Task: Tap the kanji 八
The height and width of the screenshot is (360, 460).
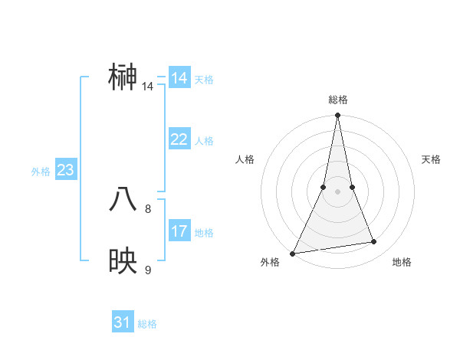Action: coord(124,200)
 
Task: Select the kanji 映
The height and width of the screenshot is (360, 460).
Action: coord(124,261)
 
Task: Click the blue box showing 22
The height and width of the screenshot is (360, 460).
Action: coord(179,139)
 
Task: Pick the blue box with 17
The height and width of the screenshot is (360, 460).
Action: coord(179,231)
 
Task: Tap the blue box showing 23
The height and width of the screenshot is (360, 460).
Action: coord(65,170)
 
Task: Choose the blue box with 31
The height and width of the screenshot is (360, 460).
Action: coord(123,322)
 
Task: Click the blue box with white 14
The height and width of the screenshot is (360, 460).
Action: coord(179,78)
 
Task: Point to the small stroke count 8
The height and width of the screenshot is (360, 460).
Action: coord(148,208)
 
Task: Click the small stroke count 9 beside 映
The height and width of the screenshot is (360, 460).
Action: coord(148,270)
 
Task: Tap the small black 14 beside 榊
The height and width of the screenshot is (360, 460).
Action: coord(148,87)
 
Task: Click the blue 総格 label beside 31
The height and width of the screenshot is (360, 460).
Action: coord(147,324)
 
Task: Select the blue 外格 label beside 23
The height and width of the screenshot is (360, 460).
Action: coord(41,172)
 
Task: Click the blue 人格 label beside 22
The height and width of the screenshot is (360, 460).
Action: coord(205,141)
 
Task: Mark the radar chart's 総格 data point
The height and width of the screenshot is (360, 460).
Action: coord(337,116)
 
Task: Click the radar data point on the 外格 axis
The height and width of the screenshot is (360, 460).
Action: coord(293,253)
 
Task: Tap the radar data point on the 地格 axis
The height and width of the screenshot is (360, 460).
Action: coord(374,242)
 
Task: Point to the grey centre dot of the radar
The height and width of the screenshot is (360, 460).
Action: coord(337,191)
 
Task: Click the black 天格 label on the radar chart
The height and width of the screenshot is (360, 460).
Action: coord(431,159)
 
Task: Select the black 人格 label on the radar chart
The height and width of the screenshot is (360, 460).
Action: coord(245,159)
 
